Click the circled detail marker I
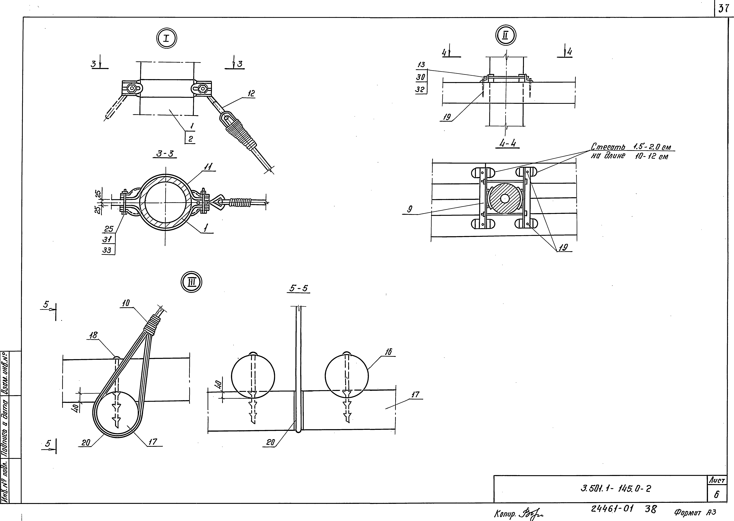167,39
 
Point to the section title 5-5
298,288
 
